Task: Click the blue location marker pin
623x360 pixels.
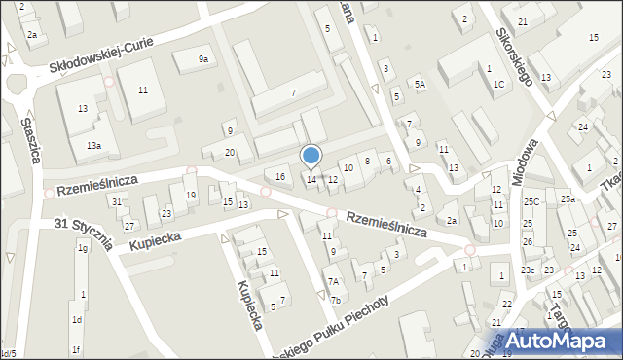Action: coord(311,157)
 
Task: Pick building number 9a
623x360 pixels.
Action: coord(203,59)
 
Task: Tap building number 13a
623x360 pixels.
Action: coord(92,145)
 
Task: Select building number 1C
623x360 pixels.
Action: coord(499,85)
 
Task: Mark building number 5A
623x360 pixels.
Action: coord(420,85)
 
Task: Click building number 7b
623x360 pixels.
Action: coord(335,300)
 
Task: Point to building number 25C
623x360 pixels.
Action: coord(531,202)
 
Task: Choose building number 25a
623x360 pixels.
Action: coord(568,199)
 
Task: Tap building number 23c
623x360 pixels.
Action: coord(529,270)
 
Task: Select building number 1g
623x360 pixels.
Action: coord(83,248)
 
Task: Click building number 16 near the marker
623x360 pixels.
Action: coord(280,176)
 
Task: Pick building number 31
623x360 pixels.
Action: coord(116,201)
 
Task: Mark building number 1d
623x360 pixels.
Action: coord(76,319)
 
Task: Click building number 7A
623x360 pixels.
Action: coord(333,281)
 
